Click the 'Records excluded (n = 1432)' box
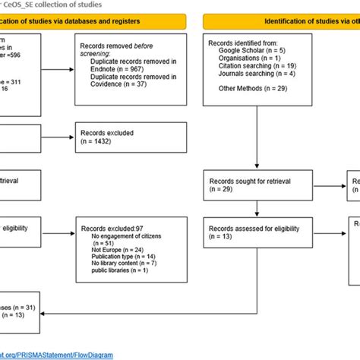pos(132,136)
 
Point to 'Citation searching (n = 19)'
pos(257,67)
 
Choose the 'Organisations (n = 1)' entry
pos(250,62)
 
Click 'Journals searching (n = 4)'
pos(257,72)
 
